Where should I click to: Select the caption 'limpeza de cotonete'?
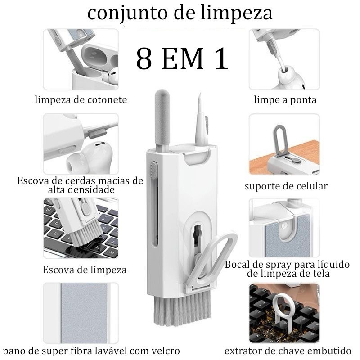point(81,99)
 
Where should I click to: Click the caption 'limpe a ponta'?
point(285,99)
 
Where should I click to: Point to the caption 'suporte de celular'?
point(286,186)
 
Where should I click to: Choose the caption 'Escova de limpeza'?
point(85,270)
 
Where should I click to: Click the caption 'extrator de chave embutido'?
point(288,351)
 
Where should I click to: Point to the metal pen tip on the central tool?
point(200,99)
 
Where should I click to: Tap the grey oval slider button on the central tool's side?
point(153,171)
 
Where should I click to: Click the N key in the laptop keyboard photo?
point(98,247)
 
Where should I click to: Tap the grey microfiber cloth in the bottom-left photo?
point(84,313)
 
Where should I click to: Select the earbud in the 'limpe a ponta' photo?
point(291,78)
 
